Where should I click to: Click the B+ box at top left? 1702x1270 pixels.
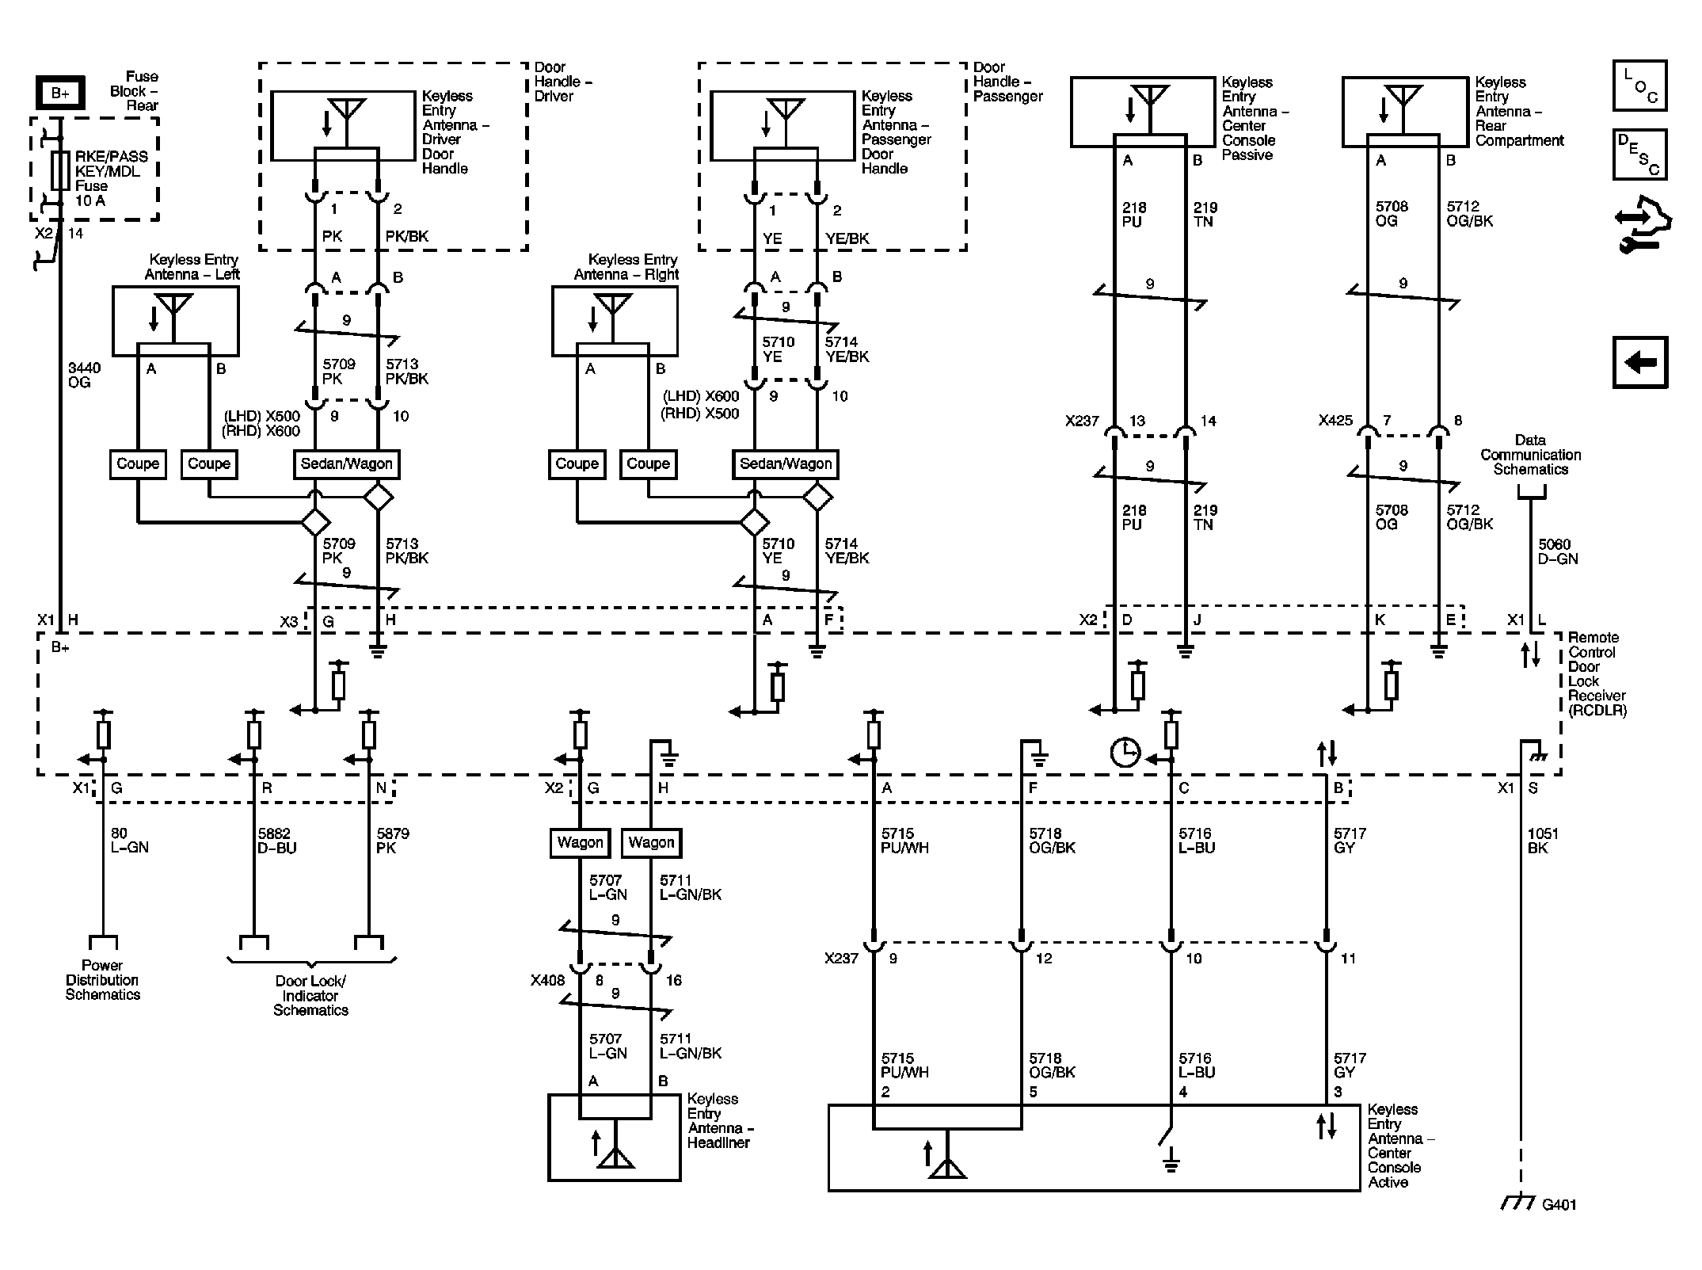click(61, 93)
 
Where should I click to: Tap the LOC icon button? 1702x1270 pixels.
click(1639, 86)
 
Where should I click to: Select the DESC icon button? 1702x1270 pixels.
click(1639, 154)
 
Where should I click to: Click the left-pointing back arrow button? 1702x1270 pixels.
click(1639, 363)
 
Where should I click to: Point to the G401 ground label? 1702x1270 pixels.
click(1559, 1204)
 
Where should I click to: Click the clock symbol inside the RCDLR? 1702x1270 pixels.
click(1125, 752)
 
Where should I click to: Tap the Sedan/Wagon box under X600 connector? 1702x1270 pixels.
click(785, 464)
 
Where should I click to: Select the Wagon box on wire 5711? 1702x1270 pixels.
click(651, 843)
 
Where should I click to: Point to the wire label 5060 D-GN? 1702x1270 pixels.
click(1558, 551)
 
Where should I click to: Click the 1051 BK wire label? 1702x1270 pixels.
click(1543, 841)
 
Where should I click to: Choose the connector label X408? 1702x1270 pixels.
click(547, 981)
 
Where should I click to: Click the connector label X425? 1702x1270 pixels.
click(1335, 421)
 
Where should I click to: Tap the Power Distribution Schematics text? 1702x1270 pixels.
click(103, 980)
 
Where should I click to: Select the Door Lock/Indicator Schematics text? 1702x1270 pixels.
click(310, 995)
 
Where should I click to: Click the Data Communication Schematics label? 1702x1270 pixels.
click(1530, 455)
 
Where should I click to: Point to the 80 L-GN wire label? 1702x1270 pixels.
click(129, 841)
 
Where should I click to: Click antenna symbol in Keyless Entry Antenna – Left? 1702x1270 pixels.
click(173, 310)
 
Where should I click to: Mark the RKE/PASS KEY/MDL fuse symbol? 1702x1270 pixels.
click(59, 170)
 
